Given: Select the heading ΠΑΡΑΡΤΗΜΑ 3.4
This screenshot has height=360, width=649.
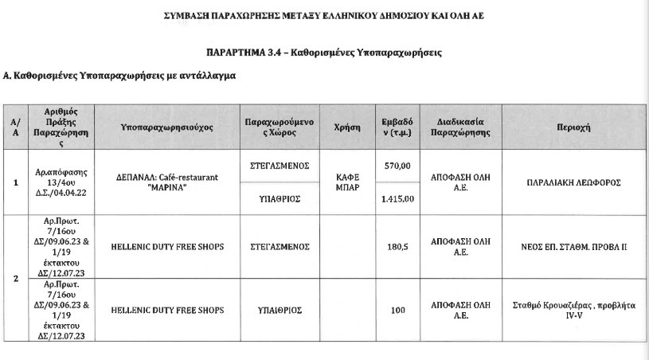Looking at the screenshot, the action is (x=323, y=53).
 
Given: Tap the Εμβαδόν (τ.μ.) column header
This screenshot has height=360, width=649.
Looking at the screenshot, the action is (x=397, y=127).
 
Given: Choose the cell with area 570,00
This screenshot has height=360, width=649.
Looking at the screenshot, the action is (x=397, y=166).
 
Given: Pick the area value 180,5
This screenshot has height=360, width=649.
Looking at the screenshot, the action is (x=397, y=247).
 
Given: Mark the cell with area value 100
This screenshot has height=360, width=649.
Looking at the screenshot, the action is (x=397, y=310).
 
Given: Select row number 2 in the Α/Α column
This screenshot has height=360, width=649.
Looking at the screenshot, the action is (x=16, y=279).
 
